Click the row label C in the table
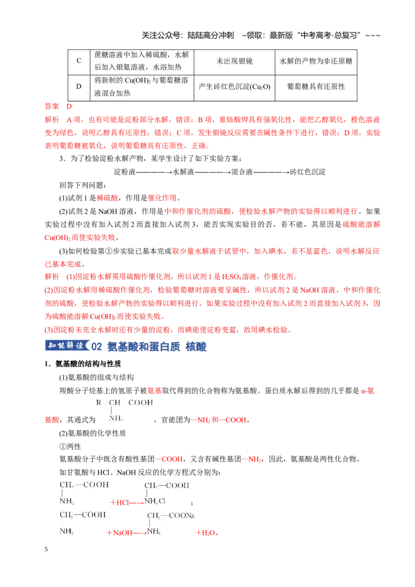(x=79, y=61)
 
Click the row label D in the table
(x=79, y=87)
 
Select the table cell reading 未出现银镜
(x=234, y=61)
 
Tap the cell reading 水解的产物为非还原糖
(x=316, y=61)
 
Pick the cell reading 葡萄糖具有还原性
(x=316, y=87)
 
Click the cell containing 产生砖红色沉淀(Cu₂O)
(x=234, y=87)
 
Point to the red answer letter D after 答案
(x=69, y=106)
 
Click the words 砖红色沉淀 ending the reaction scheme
(x=308, y=172)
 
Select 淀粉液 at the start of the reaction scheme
(x=125, y=172)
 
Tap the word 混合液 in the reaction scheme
(x=242, y=172)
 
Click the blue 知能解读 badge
(x=67, y=345)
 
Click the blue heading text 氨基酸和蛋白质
(x=144, y=347)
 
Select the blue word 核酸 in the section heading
(x=196, y=347)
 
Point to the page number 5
(x=46, y=549)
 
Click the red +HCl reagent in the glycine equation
(x=119, y=502)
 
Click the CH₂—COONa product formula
(x=171, y=515)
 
